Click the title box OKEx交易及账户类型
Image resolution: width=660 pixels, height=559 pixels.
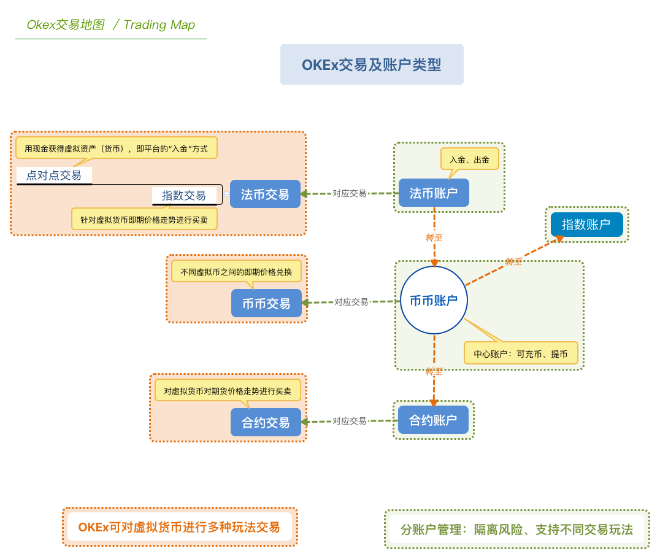pyautogui.click(x=372, y=64)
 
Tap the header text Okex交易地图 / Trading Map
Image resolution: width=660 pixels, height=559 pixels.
pyautogui.click(x=111, y=25)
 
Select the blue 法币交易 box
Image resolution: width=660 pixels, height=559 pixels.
pyautogui.click(x=265, y=195)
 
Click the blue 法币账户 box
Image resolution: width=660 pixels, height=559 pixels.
pyautogui.click(x=434, y=193)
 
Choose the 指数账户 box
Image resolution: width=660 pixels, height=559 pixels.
pyautogui.click(x=586, y=225)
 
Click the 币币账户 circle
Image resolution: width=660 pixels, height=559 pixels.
pyautogui.click(x=434, y=301)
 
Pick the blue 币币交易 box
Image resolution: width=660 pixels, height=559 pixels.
pyautogui.click(x=266, y=303)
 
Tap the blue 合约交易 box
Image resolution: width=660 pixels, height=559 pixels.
pyautogui.click(x=266, y=422)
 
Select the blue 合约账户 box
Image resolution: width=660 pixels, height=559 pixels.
pyautogui.click(x=433, y=420)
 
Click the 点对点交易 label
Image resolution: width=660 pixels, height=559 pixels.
pyautogui.click(x=54, y=175)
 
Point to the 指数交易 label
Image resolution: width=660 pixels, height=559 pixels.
pyautogui.click(x=184, y=196)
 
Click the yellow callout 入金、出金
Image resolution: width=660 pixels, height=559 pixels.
pyautogui.click(x=469, y=160)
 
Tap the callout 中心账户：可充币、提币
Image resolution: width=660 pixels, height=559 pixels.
pyautogui.click(x=521, y=353)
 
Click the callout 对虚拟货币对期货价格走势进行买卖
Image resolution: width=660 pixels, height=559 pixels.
pyautogui.click(x=228, y=390)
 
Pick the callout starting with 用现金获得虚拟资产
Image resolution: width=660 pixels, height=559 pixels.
pyautogui.click(x=116, y=148)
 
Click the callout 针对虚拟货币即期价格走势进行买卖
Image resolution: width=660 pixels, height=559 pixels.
pyautogui.click(x=145, y=218)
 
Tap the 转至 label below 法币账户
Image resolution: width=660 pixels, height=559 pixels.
pyautogui.click(x=434, y=237)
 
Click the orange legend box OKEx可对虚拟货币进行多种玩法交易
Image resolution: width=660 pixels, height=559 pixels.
pyautogui.click(x=179, y=527)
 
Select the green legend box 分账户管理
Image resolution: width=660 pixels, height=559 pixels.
pyautogui.click(x=516, y=529)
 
